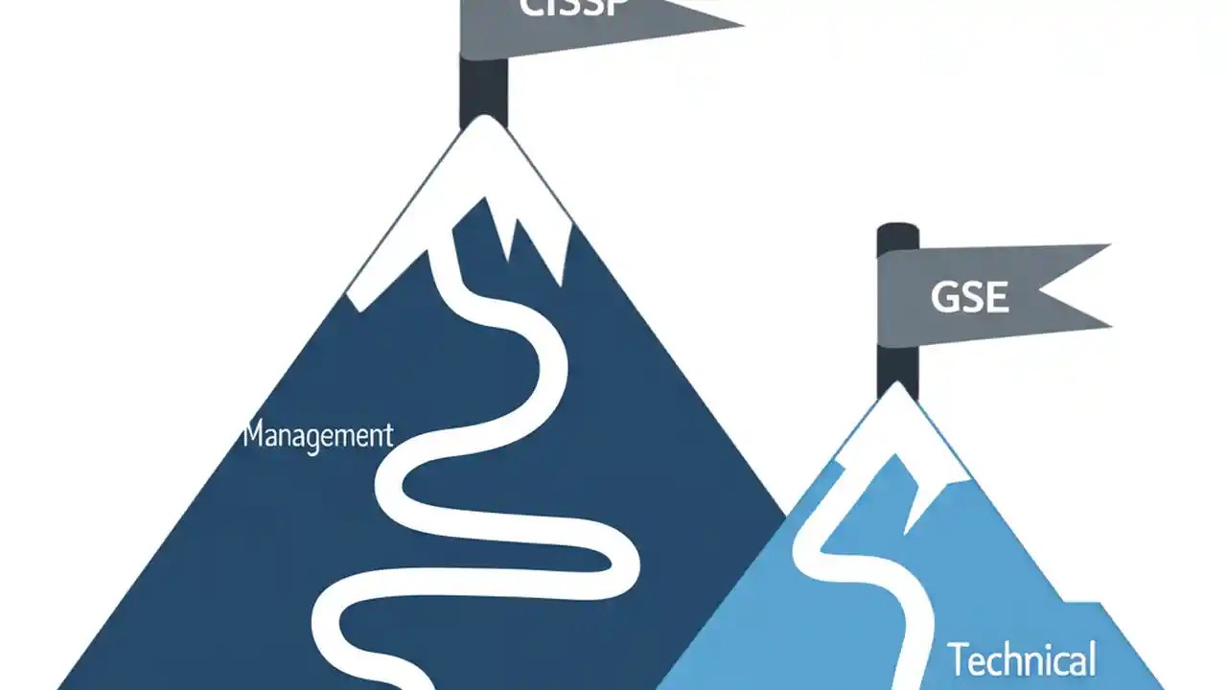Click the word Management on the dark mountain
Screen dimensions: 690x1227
pos(318,435)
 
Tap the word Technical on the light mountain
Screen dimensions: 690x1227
pos(1022,661)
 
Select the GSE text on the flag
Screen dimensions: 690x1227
pos(969,297)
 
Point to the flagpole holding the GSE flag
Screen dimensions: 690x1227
pos(897,364)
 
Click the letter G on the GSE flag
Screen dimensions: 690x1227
pos(944,297)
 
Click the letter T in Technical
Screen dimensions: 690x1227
pos(958,659)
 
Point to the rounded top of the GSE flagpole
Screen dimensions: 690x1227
pos(897,230)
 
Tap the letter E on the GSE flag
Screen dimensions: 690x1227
pos(996,297)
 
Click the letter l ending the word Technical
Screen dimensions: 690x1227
pos(1091,659)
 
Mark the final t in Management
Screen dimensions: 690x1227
pos(388,435)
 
